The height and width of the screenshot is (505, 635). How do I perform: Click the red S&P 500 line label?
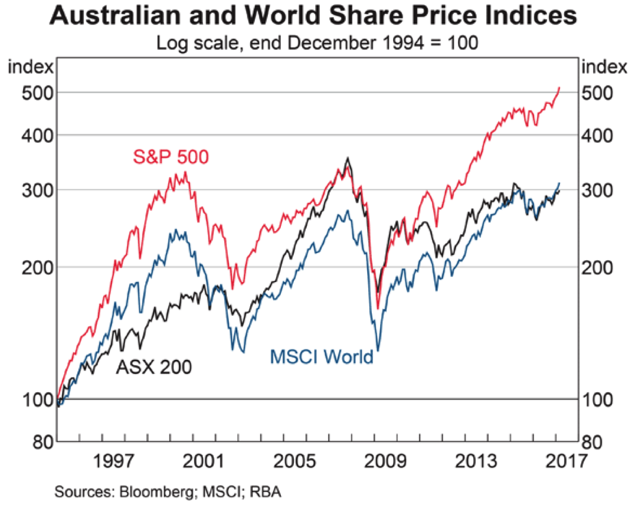point(171,158)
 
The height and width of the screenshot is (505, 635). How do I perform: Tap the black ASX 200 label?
point(153,367)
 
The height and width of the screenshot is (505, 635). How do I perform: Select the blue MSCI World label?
point(322,357)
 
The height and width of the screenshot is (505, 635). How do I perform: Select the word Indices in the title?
point(533,16)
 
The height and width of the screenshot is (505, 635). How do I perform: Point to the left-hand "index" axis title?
point(31,67)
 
